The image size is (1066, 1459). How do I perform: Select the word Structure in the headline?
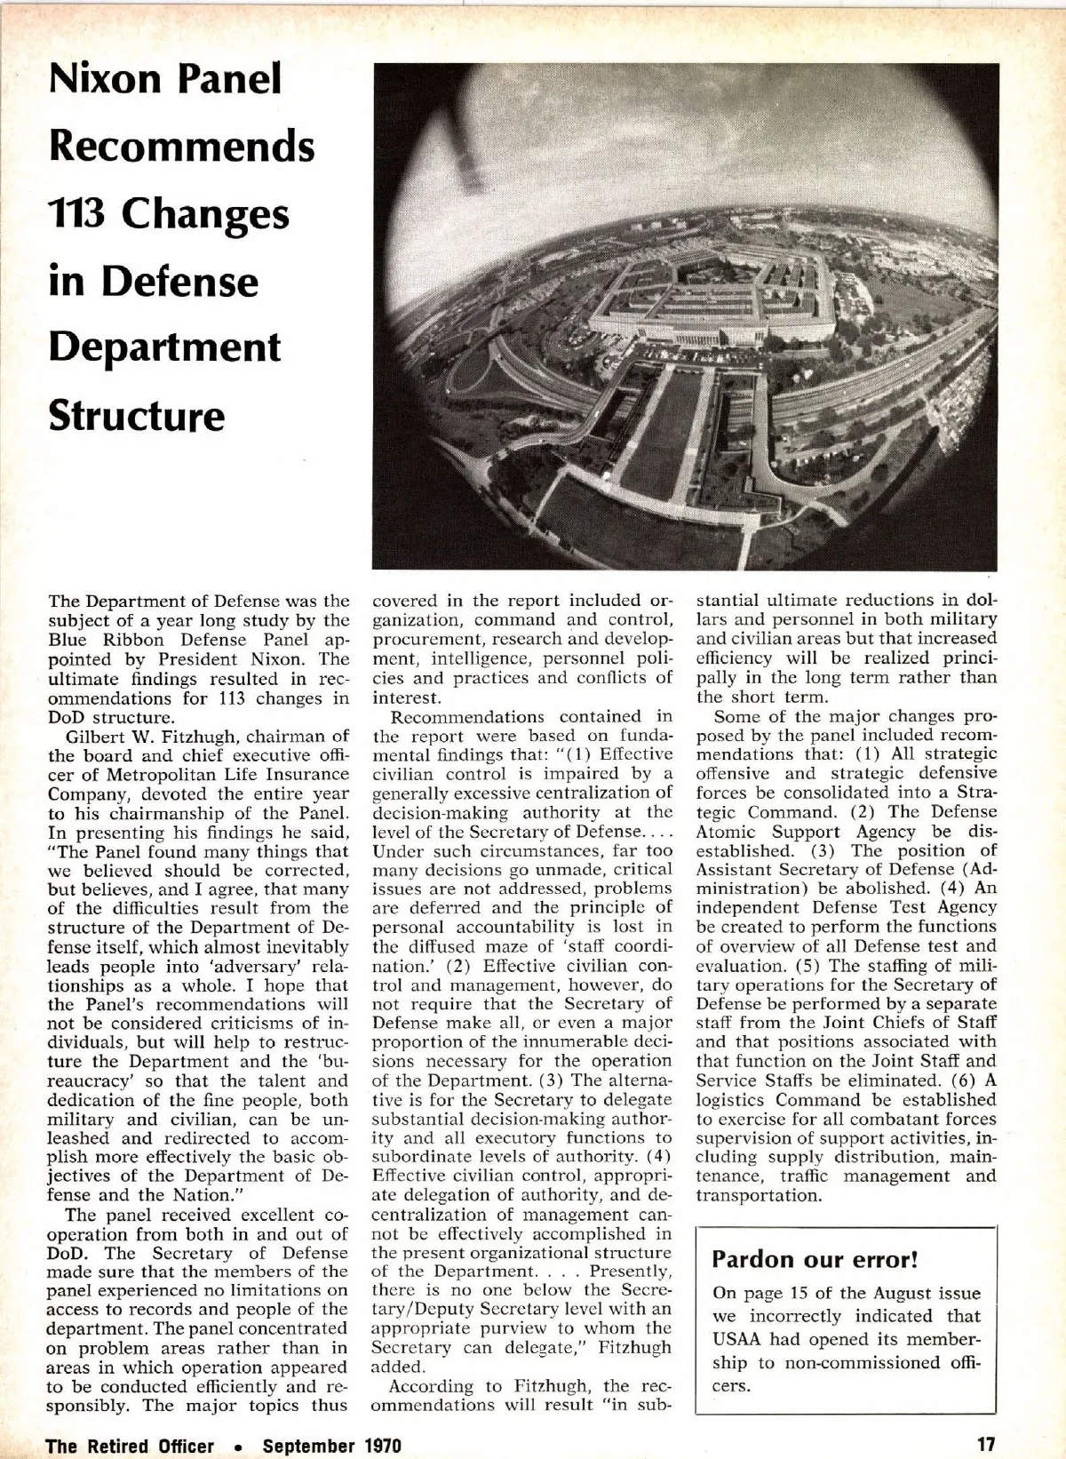[x=137, y=415]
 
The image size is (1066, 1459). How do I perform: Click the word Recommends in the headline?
[x=182, y=146]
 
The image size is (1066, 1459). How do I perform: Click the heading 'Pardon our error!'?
[x=815, y=1259]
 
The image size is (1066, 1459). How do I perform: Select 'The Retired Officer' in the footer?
[x=130, y=1446]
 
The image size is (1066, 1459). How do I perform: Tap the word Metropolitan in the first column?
[x=157, y=775]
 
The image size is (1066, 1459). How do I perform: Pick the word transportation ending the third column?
[x=758, y=1196]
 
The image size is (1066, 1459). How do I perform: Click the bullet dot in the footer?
[x=238, y=1447]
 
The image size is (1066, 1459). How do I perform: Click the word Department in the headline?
[x=164, y=347]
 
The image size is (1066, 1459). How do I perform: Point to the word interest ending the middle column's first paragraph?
[x=405, y=698]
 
